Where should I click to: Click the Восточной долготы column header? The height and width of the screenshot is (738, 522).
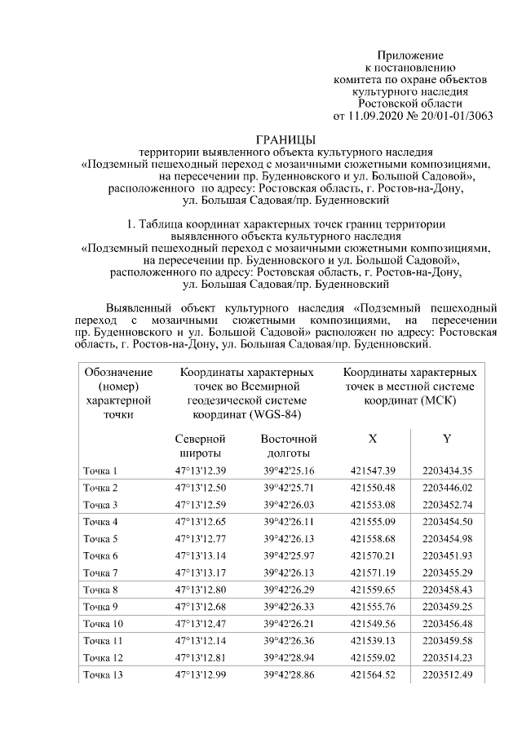[x=289, y=446]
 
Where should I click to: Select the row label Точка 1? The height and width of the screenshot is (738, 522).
[x=100, y=471]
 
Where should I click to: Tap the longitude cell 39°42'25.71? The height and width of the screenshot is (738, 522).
[x=289, y=488]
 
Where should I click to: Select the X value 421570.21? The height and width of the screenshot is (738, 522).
[x=373, y=555]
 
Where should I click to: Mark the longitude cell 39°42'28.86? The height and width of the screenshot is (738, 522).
[x=289, y=674]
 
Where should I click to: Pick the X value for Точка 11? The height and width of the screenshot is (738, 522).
[x=373, y=640]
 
